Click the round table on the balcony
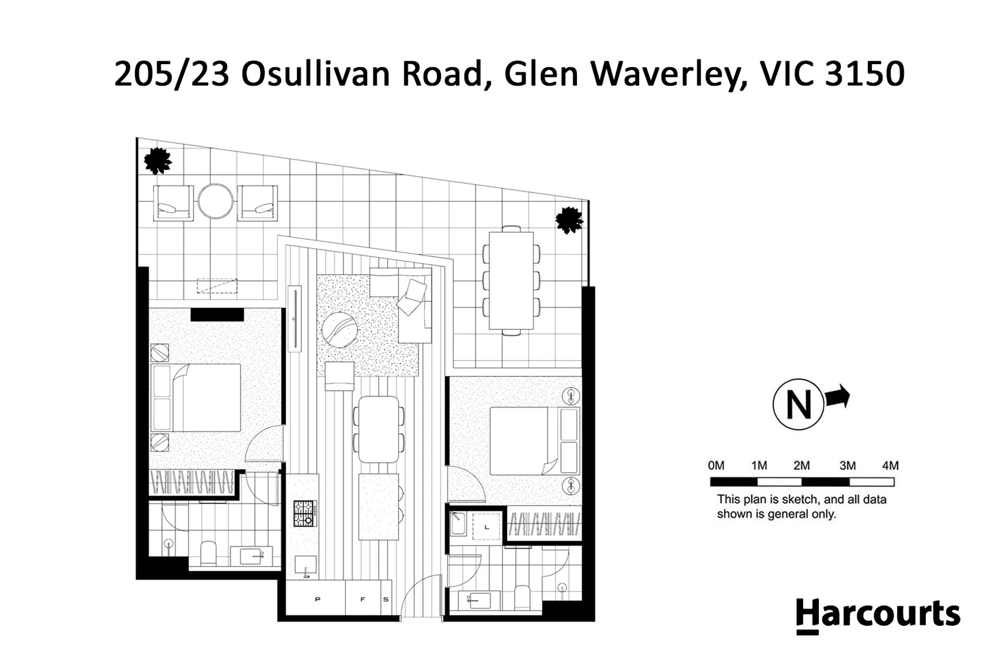(x=215, y=202)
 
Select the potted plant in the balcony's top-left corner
(x=158, y=161)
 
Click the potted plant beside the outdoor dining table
(x=569, y=219)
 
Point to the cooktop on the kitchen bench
(x=305, y=513)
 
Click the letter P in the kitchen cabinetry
(x=317, y=599)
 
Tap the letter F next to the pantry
(x=362, y=599)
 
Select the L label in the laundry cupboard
(x=486, y=527)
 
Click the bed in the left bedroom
(x=197, y=398)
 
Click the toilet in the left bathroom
(x=208, y=553)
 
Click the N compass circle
(x=799, y=405)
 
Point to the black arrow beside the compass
(x=837, y=397)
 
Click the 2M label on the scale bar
(x=802, y=466)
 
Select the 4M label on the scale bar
(x=890, y=466)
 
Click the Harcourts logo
(x=878, y=615)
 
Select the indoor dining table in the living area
(x=379, y=430)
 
